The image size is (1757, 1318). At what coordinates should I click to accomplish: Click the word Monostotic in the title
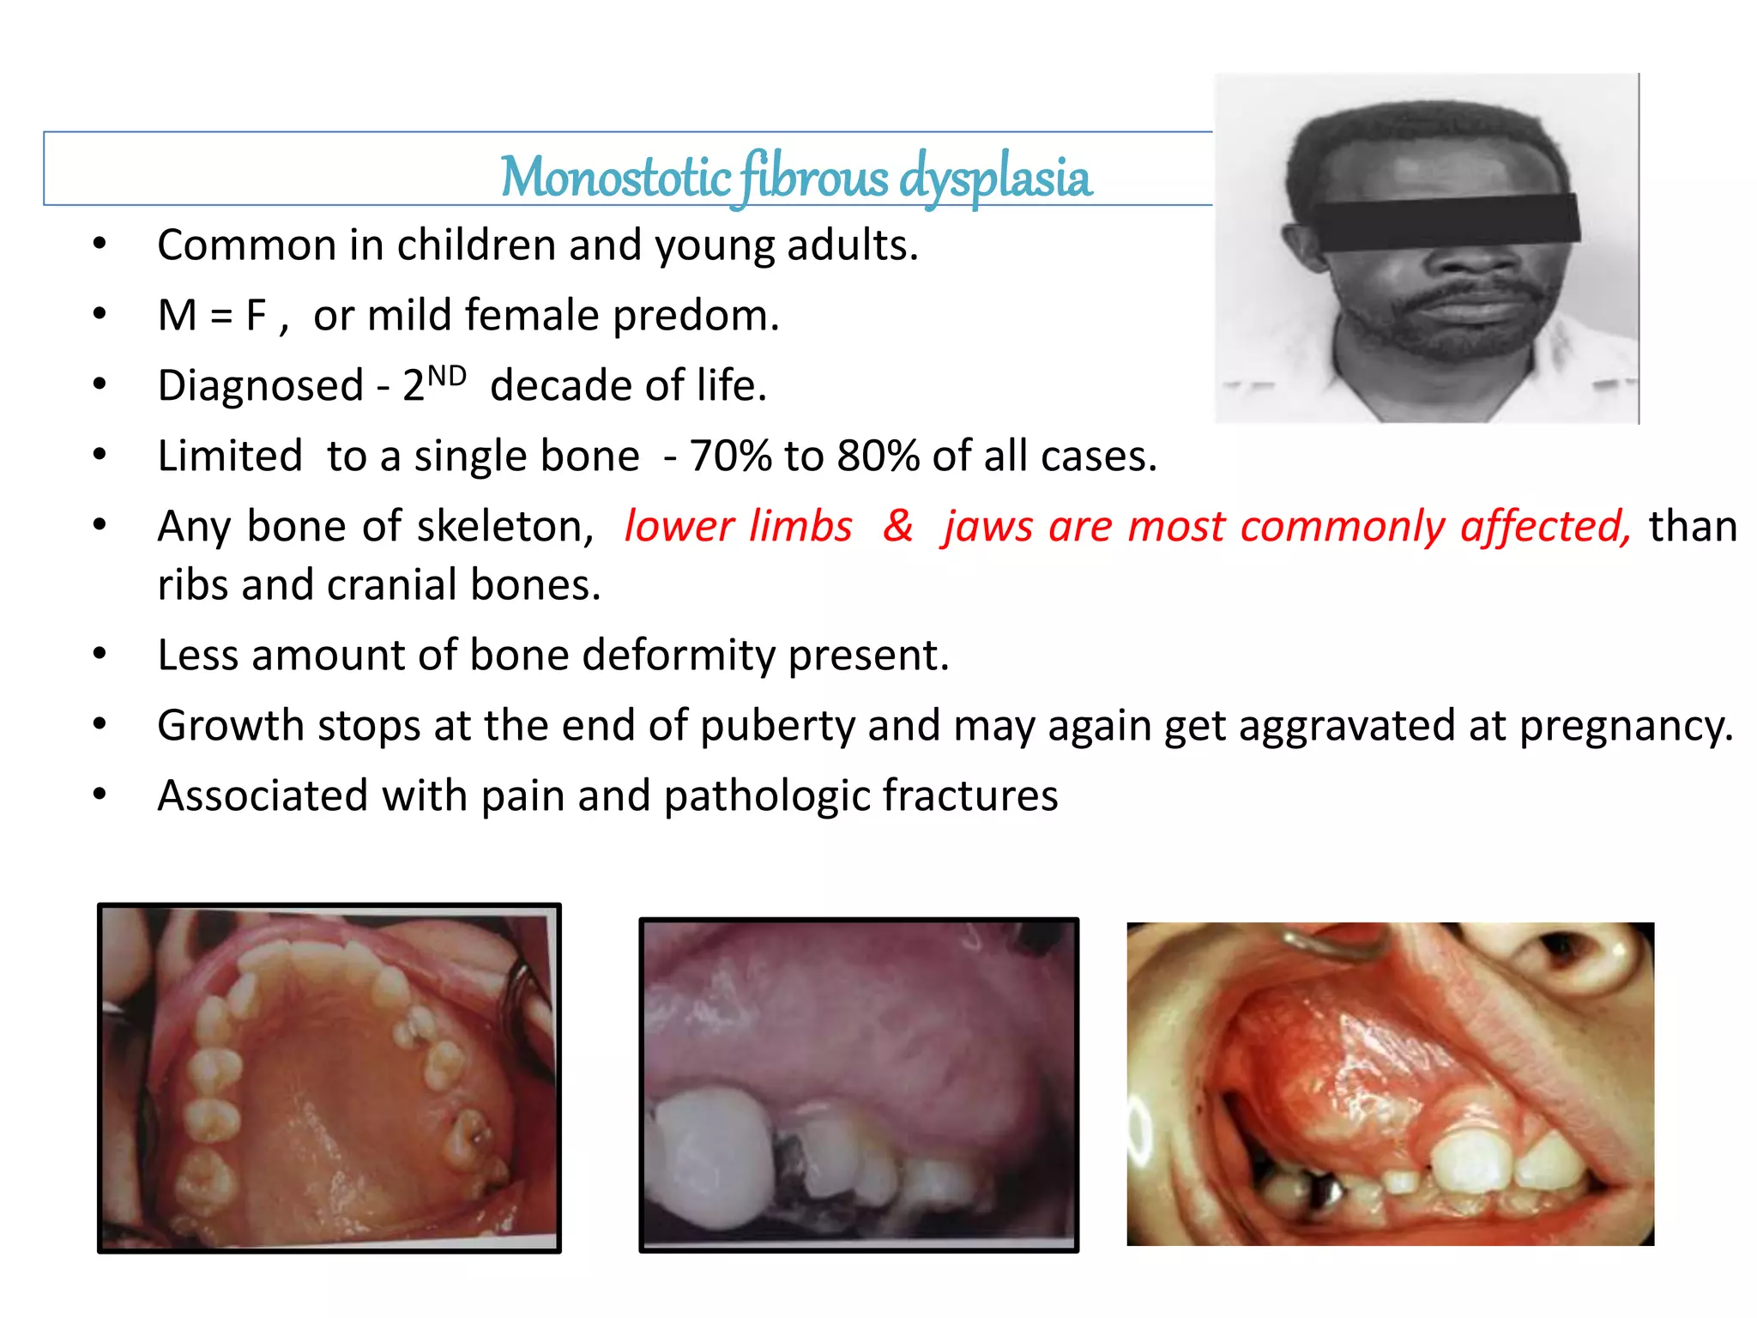coord(615,178)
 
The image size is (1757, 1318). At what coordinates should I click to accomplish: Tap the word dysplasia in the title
coord(995,178)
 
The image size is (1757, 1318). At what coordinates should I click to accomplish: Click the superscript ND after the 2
coord(447,376)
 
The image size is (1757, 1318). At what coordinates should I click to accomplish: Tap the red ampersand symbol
coord(897,525)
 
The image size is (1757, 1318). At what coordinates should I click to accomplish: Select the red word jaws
coord(987,527)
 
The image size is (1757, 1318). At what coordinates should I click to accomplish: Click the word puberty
coord(776,727)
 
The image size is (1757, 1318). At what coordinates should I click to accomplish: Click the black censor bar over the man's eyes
coord(1446,221)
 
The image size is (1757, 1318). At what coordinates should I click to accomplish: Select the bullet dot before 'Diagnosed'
coord(100,384)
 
